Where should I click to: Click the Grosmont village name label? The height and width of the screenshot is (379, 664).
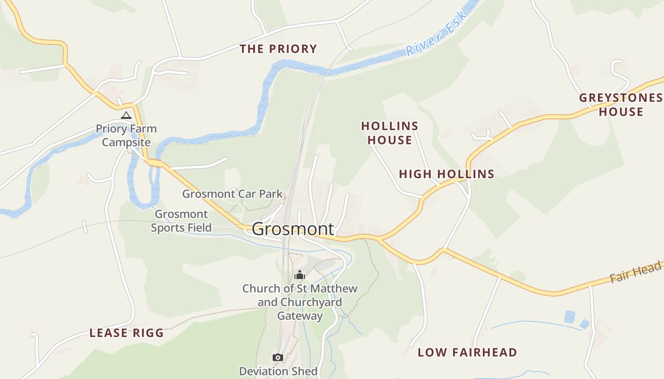point(293,229)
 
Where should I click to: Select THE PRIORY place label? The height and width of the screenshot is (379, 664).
point(278,49)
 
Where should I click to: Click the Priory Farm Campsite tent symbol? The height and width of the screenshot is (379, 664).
point(126,115)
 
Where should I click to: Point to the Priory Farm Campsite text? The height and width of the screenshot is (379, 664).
point(126,135)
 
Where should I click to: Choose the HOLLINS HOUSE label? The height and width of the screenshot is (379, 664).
point(390,133)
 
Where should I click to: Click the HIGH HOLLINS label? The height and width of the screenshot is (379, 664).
point(446,174)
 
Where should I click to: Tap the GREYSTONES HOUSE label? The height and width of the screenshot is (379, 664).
point(621,105)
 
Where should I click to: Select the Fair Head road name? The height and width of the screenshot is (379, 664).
point(635,272)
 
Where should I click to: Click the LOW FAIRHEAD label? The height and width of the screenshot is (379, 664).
point(467,352)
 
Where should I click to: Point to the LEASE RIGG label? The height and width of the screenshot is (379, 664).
point(127,333)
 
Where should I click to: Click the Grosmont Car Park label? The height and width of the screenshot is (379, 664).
point(232,194)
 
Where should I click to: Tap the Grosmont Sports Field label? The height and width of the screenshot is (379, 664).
point(181,221)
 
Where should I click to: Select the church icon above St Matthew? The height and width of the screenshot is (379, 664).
point(300,275)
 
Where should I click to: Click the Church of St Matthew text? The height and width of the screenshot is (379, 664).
point(300,289)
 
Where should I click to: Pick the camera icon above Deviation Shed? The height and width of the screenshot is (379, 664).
point(278,357)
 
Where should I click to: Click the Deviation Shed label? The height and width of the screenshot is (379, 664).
point(278,371)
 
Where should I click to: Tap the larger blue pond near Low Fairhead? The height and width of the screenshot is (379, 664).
point(570,316)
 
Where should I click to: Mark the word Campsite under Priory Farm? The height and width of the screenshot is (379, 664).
point(126,142)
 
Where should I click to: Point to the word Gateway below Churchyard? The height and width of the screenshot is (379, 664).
point(300,316)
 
